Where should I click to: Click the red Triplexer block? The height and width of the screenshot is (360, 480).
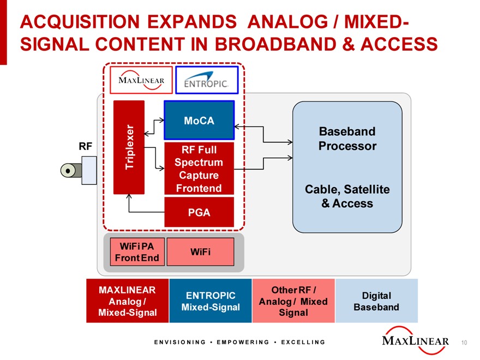tap(129, 147)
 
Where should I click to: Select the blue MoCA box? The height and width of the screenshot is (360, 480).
tap(199, 121)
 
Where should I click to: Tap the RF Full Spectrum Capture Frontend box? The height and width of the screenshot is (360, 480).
tap(199, 169)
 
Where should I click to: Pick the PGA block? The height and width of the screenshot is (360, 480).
tap(199, 212)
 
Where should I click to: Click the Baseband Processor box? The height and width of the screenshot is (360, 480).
tap(347, 167)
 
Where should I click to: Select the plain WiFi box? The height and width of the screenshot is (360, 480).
tap(200, 251)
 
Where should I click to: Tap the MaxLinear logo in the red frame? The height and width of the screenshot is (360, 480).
tap(141, 80)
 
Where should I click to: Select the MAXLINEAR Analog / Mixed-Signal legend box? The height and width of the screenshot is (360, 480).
tap(127, 301)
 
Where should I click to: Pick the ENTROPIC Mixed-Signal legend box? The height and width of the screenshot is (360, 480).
tap(211, 301)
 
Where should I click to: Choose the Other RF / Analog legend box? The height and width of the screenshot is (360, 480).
tap(293, 301)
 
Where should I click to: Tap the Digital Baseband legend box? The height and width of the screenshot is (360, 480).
tap(376, 301)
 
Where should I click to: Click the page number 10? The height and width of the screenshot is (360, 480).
tap(464, 343)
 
